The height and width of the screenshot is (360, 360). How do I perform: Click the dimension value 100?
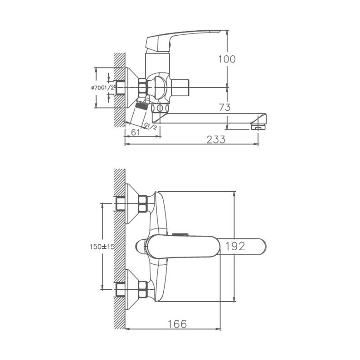[x=227, y=59]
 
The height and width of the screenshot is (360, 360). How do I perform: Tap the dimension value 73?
[x=225, y=107]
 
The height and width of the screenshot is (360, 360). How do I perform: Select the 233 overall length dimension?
[x=216, y=139]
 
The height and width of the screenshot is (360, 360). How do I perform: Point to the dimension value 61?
[x=135, y=132]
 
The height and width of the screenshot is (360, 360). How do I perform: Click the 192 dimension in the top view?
[x=235, y=246]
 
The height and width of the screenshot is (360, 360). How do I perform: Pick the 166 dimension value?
[x=177, y=324]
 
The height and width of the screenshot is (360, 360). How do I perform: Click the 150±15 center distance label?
[x=102, y=247]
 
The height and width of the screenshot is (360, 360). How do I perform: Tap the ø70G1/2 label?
[x=103, y=87]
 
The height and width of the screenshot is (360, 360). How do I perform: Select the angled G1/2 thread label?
[x=150, y=126]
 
